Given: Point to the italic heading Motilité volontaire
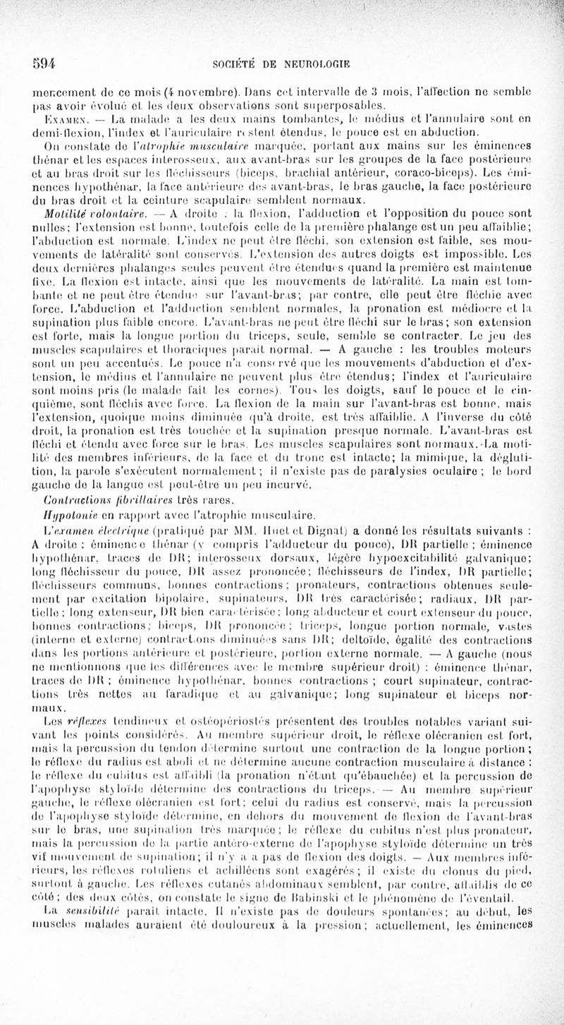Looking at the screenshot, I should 91,197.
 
